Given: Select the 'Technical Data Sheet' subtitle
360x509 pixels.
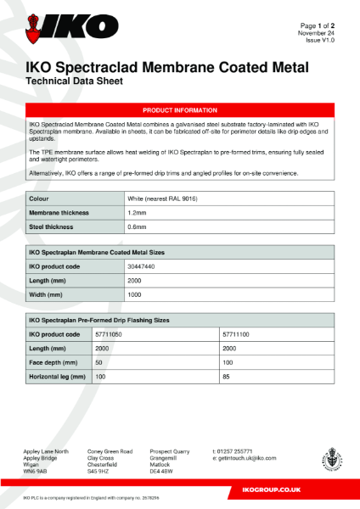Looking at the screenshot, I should click(76, 81).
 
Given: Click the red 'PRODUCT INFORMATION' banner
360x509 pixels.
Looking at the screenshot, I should click(179, 110).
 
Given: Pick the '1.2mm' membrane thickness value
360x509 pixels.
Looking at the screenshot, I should click(137, 212).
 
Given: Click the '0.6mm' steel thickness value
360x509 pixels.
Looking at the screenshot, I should click(137, 227).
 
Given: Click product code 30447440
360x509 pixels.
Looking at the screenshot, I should click(141, 266).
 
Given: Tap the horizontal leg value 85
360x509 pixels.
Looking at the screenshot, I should click(226, 376).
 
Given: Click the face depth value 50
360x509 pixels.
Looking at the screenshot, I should click(99, 362).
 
